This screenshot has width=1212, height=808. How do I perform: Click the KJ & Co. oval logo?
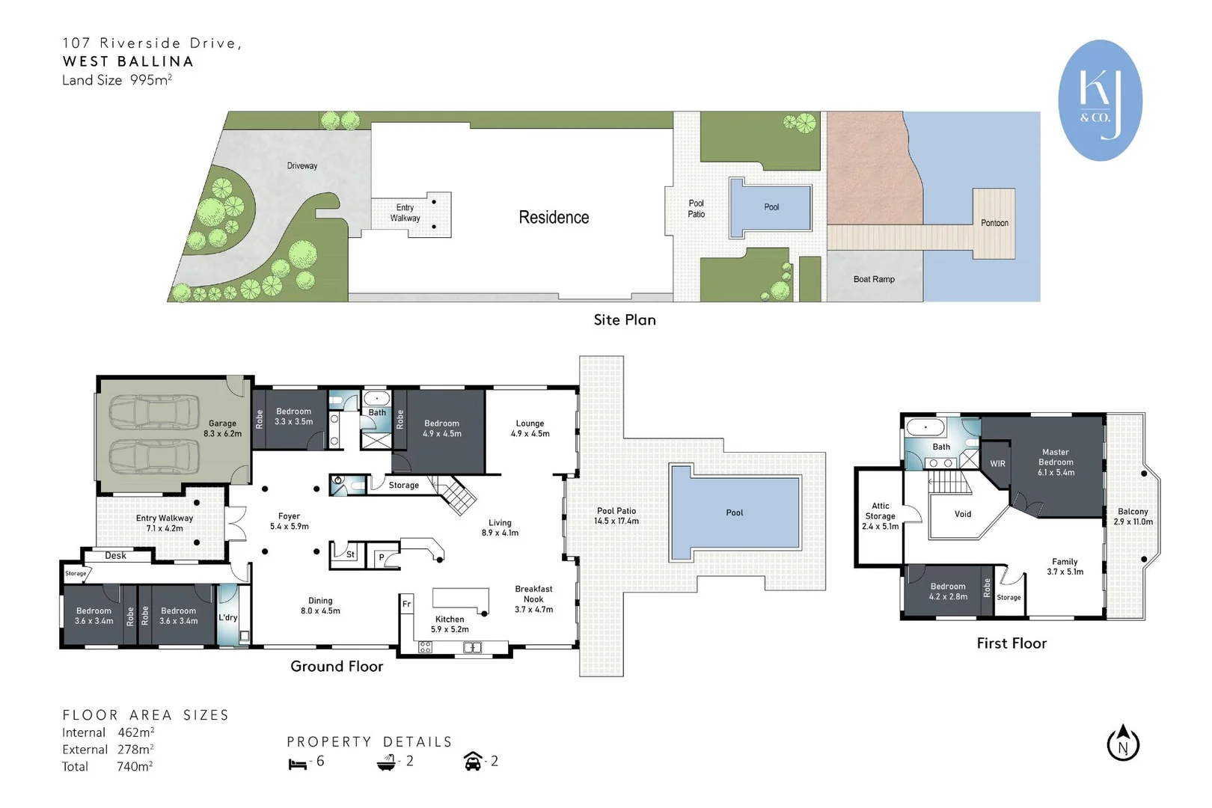1100,100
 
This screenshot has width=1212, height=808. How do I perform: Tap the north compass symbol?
1123,743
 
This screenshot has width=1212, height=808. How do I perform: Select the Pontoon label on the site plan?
994,223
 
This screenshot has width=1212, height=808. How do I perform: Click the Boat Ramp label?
874,279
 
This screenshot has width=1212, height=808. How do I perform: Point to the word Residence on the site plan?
554,217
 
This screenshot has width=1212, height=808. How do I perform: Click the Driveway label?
302,165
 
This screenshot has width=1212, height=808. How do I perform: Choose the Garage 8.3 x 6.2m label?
222,428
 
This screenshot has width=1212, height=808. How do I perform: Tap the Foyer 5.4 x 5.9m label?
290,521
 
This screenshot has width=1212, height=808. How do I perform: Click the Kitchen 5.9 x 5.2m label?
450,624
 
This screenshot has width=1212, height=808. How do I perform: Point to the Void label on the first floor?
963,514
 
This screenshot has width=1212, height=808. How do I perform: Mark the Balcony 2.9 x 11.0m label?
1133,516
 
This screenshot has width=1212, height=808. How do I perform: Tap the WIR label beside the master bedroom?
997,464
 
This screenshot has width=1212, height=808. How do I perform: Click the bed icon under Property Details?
297,764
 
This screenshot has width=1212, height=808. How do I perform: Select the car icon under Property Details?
473,761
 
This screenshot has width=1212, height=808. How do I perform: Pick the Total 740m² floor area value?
135,766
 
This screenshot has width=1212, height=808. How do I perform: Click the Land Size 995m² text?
117,80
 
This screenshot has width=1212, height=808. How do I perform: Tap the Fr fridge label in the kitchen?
406,604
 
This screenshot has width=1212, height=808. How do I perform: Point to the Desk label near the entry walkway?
115,556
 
